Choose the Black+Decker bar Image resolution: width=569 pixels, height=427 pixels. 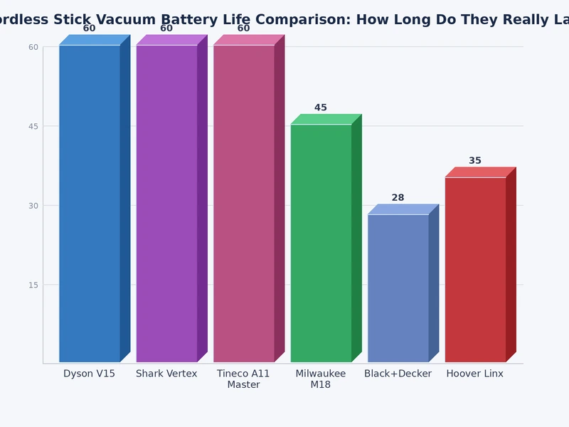(x=398, y=288)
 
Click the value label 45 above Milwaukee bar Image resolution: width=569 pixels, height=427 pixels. (x=321, y=107)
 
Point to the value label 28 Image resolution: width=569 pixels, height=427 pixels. (x=398, y=197)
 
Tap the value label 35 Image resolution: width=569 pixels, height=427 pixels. (x=475, y=161)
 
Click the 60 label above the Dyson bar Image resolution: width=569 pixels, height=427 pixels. (x=89, y=28)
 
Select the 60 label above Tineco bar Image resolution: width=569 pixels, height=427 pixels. (x=243, y=28)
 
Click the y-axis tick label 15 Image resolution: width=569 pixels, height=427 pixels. (x=33, y=285)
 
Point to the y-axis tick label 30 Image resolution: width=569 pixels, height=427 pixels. (x=33, y=206)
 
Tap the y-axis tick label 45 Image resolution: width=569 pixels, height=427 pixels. (x=33, y=126)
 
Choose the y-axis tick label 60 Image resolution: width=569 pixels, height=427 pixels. (x=33, y=47)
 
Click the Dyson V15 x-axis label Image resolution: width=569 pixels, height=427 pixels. (x=89, y=374)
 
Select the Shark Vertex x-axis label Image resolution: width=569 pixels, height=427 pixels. (x=166, y=374)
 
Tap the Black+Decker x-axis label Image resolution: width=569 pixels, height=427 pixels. (x=398, y=374)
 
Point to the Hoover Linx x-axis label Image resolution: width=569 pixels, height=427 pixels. (x=474, y=374)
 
